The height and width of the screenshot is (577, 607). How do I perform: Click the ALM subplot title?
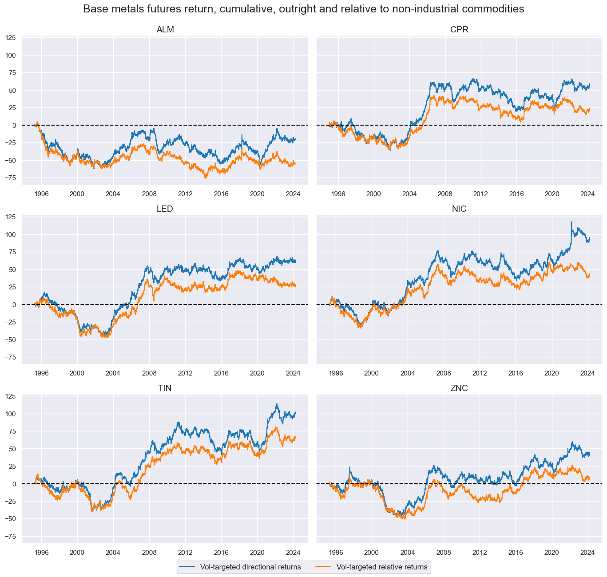(x=165, y=30)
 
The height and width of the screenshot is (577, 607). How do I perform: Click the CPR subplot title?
(x=459, y=30)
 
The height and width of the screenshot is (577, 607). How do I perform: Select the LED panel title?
(x=165, y=209)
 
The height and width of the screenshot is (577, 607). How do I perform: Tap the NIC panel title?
(x=459, y=209)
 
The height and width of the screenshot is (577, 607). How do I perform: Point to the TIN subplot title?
(x=165, y=388)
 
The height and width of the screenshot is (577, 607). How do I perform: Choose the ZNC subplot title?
(x=459, y=388)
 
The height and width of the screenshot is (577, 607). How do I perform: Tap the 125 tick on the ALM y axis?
(x=11, y=38)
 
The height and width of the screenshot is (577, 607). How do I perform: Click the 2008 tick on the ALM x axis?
(x=149, y=194)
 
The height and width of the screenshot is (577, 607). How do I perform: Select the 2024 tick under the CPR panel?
(x=587, y=194)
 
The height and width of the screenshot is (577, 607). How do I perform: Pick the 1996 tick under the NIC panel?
(x=336, y=373)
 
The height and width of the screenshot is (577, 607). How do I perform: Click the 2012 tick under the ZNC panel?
(x=480, y=552)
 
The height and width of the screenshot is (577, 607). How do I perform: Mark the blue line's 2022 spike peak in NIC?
(x=571, y=222)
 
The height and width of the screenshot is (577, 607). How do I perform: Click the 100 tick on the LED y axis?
(x=11, y=234)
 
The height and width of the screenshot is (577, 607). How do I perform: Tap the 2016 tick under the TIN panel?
(x=221, y=552)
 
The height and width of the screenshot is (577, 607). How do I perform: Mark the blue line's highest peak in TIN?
(x=277, y=404)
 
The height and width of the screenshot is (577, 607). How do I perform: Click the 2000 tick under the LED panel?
(x=77, y=373)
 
